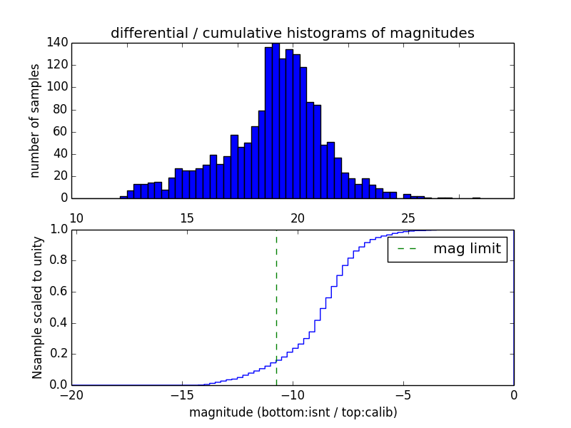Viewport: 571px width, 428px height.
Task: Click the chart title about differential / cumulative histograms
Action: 292,33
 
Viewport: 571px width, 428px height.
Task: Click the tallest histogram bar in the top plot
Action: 276,121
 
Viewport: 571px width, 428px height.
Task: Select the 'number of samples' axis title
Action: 35,121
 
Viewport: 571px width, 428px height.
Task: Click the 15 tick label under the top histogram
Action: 187,218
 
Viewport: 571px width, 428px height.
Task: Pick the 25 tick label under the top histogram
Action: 408,218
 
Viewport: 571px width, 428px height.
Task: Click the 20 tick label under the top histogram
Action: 298,218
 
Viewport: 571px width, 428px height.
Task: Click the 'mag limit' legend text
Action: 467,249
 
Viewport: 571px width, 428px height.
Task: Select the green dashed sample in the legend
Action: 408,249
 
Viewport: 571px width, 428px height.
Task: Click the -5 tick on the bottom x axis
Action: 403,396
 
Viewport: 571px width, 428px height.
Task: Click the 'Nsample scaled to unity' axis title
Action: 37,307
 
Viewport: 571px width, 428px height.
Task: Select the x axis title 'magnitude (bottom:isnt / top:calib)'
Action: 293,412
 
